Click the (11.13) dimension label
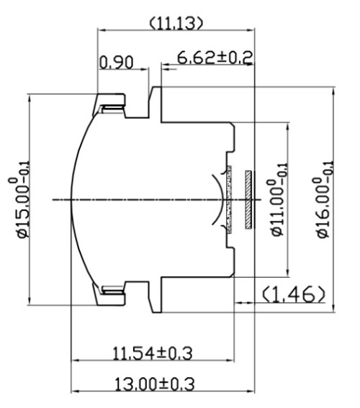(176, 23)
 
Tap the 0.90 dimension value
(117, 62)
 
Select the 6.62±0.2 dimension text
(215, 58)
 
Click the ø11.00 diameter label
(279, 199)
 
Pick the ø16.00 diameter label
(323, 199)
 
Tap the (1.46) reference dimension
(293, 295)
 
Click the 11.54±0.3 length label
(152, 353)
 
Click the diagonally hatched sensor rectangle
(248, 199)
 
